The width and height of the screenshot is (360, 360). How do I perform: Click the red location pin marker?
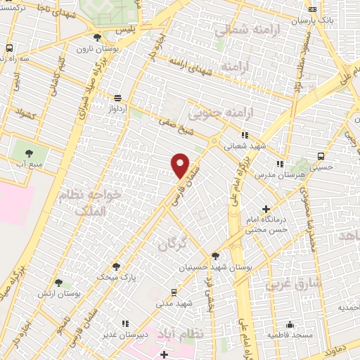[x=180, y=165]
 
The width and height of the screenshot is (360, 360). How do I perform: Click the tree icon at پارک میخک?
[x=116, y=266]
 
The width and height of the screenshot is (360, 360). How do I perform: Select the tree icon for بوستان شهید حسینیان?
[x=214, y=257]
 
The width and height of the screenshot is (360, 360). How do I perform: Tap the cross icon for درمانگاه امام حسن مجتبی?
[x=266, y=208]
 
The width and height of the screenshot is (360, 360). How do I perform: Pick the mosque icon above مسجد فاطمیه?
[x=290, y=324]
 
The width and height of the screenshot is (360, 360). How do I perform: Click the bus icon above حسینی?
[x=321, y=156]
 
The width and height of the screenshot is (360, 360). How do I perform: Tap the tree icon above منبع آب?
[x=29, y=153]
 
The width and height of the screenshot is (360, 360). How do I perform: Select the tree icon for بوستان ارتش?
[x=59, y=282]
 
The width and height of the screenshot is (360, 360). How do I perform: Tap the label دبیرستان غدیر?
[x=146, y=334]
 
